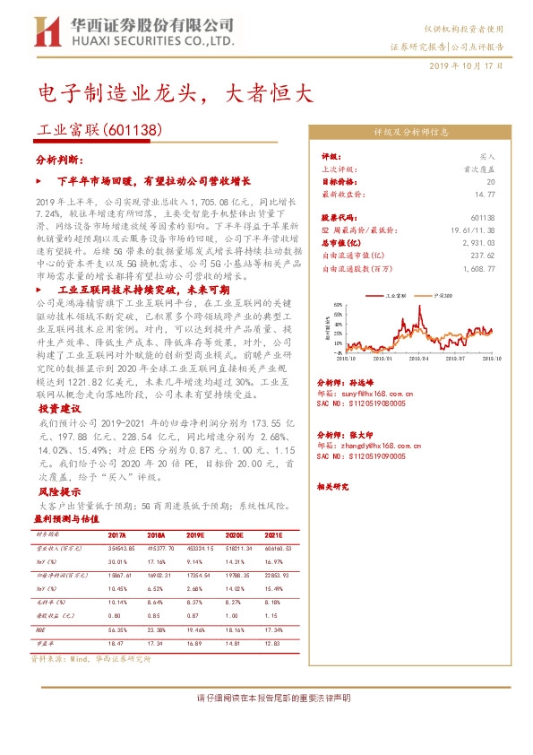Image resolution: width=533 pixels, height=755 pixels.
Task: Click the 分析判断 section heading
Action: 59,160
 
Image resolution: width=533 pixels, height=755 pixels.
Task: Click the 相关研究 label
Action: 332,487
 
